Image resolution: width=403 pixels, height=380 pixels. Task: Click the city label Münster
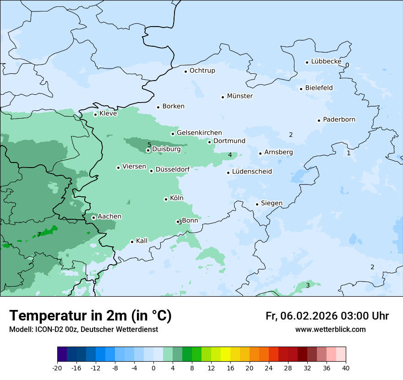tap(240, 96)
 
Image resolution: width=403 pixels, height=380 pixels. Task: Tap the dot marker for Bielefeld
tap(301, 89)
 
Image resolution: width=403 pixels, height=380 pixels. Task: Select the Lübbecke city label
tap(326, 61)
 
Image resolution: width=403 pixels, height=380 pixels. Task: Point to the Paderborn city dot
tap(319, 120)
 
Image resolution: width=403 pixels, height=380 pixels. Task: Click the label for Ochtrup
tap(202, 71)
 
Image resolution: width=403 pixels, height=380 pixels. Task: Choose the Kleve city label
tap(108, 114)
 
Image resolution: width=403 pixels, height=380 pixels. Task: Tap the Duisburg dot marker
tap(148, 150)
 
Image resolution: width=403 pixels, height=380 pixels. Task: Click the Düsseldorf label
tap(172, 170)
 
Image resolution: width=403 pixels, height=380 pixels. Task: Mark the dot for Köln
tap(166, 199)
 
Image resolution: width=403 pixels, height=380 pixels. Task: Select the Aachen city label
tap(109, 217)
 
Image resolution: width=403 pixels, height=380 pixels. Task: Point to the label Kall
tap(142, 241)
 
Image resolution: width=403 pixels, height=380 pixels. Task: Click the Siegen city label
tap(272, 203)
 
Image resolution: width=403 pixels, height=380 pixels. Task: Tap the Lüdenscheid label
tap(252, 172)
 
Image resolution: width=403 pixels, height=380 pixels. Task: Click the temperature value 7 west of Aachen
tap(39, 234)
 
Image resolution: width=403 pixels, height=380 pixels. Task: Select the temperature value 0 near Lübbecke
tap(347, 65)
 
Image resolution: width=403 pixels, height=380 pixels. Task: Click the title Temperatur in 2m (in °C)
tap(90, 315)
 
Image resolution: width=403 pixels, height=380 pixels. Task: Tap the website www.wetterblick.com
tap(330, 330)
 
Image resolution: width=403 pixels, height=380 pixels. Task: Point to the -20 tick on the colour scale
tap(57, 368)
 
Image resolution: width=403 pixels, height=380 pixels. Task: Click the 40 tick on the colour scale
tap(346, 368)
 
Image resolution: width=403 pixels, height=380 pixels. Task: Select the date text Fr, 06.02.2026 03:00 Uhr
tap(327, 316)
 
